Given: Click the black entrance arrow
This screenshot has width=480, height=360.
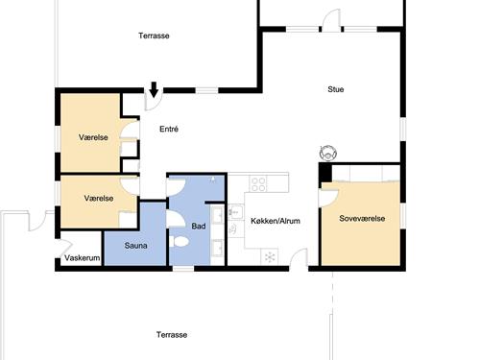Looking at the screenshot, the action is click(x=154, y=89).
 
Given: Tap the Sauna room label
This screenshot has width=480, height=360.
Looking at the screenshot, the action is click(x=135, y=246).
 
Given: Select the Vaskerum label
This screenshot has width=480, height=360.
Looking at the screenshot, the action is click(x=83, y=257).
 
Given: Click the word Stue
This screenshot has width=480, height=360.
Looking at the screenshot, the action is click(x=336, y=89).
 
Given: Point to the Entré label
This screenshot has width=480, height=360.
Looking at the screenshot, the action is click(x=169, y=129).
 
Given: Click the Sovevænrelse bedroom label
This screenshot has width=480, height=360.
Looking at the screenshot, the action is click(x=362, y=219).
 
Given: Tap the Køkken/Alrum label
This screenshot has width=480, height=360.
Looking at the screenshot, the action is click(x=276, y=221).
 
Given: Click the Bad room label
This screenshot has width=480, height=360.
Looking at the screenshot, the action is click(x=199, y=226).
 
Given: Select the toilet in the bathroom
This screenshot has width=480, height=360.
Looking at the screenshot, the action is click(x=179, y=241).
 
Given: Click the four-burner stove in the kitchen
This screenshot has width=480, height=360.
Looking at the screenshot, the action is click(x=258, y=184).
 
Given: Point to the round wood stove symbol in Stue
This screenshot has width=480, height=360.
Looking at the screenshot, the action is click(x=328, y=153).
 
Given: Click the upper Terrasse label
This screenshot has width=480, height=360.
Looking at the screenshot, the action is click(x=154, y=36).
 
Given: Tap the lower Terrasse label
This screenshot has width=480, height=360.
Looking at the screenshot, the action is click(x=172, y=335).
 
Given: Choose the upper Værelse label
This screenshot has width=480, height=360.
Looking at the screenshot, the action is click(x=93, y=137).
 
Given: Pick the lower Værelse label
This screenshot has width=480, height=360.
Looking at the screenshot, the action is click(x=99, y=199).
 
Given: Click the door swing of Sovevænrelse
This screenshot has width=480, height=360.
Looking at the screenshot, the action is click(x=329, y=198).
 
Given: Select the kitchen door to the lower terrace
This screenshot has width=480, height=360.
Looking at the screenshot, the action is click(x=299, y=257).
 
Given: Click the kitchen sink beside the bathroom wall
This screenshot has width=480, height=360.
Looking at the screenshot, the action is click(x=236, y=212).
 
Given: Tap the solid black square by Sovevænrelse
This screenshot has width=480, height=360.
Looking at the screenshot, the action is click(x=325, y=173).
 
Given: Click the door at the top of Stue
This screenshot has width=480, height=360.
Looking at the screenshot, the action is click(x=331, y=20).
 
